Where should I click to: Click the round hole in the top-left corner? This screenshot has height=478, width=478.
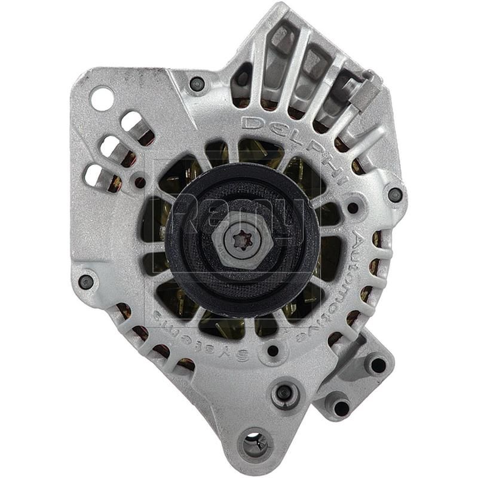102,98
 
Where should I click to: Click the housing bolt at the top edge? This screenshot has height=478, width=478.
197,84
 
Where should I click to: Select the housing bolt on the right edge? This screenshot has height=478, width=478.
395,195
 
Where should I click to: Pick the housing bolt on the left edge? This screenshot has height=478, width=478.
87,281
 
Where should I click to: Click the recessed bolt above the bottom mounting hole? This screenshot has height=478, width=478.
284,393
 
